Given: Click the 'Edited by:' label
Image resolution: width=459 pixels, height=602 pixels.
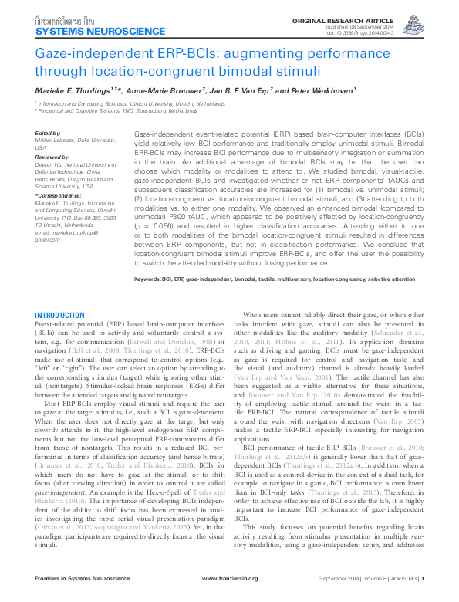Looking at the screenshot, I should (x=49, y=133).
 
